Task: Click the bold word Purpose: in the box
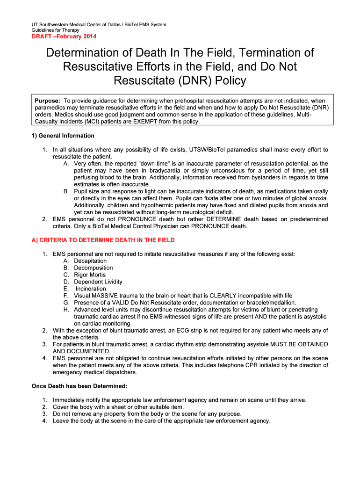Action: coord(48,101)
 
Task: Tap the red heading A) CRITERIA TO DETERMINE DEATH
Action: coord(103,240)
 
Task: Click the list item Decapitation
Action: coord(90,261)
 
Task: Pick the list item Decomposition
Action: coord(94,268)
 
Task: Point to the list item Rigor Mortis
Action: coord(90,275)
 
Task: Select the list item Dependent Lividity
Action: coord(98,282)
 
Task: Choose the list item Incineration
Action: coord(91,289)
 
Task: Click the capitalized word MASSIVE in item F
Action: coord(106,296)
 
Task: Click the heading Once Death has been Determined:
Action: coord(79,386)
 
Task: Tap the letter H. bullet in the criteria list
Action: coord(66,310)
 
